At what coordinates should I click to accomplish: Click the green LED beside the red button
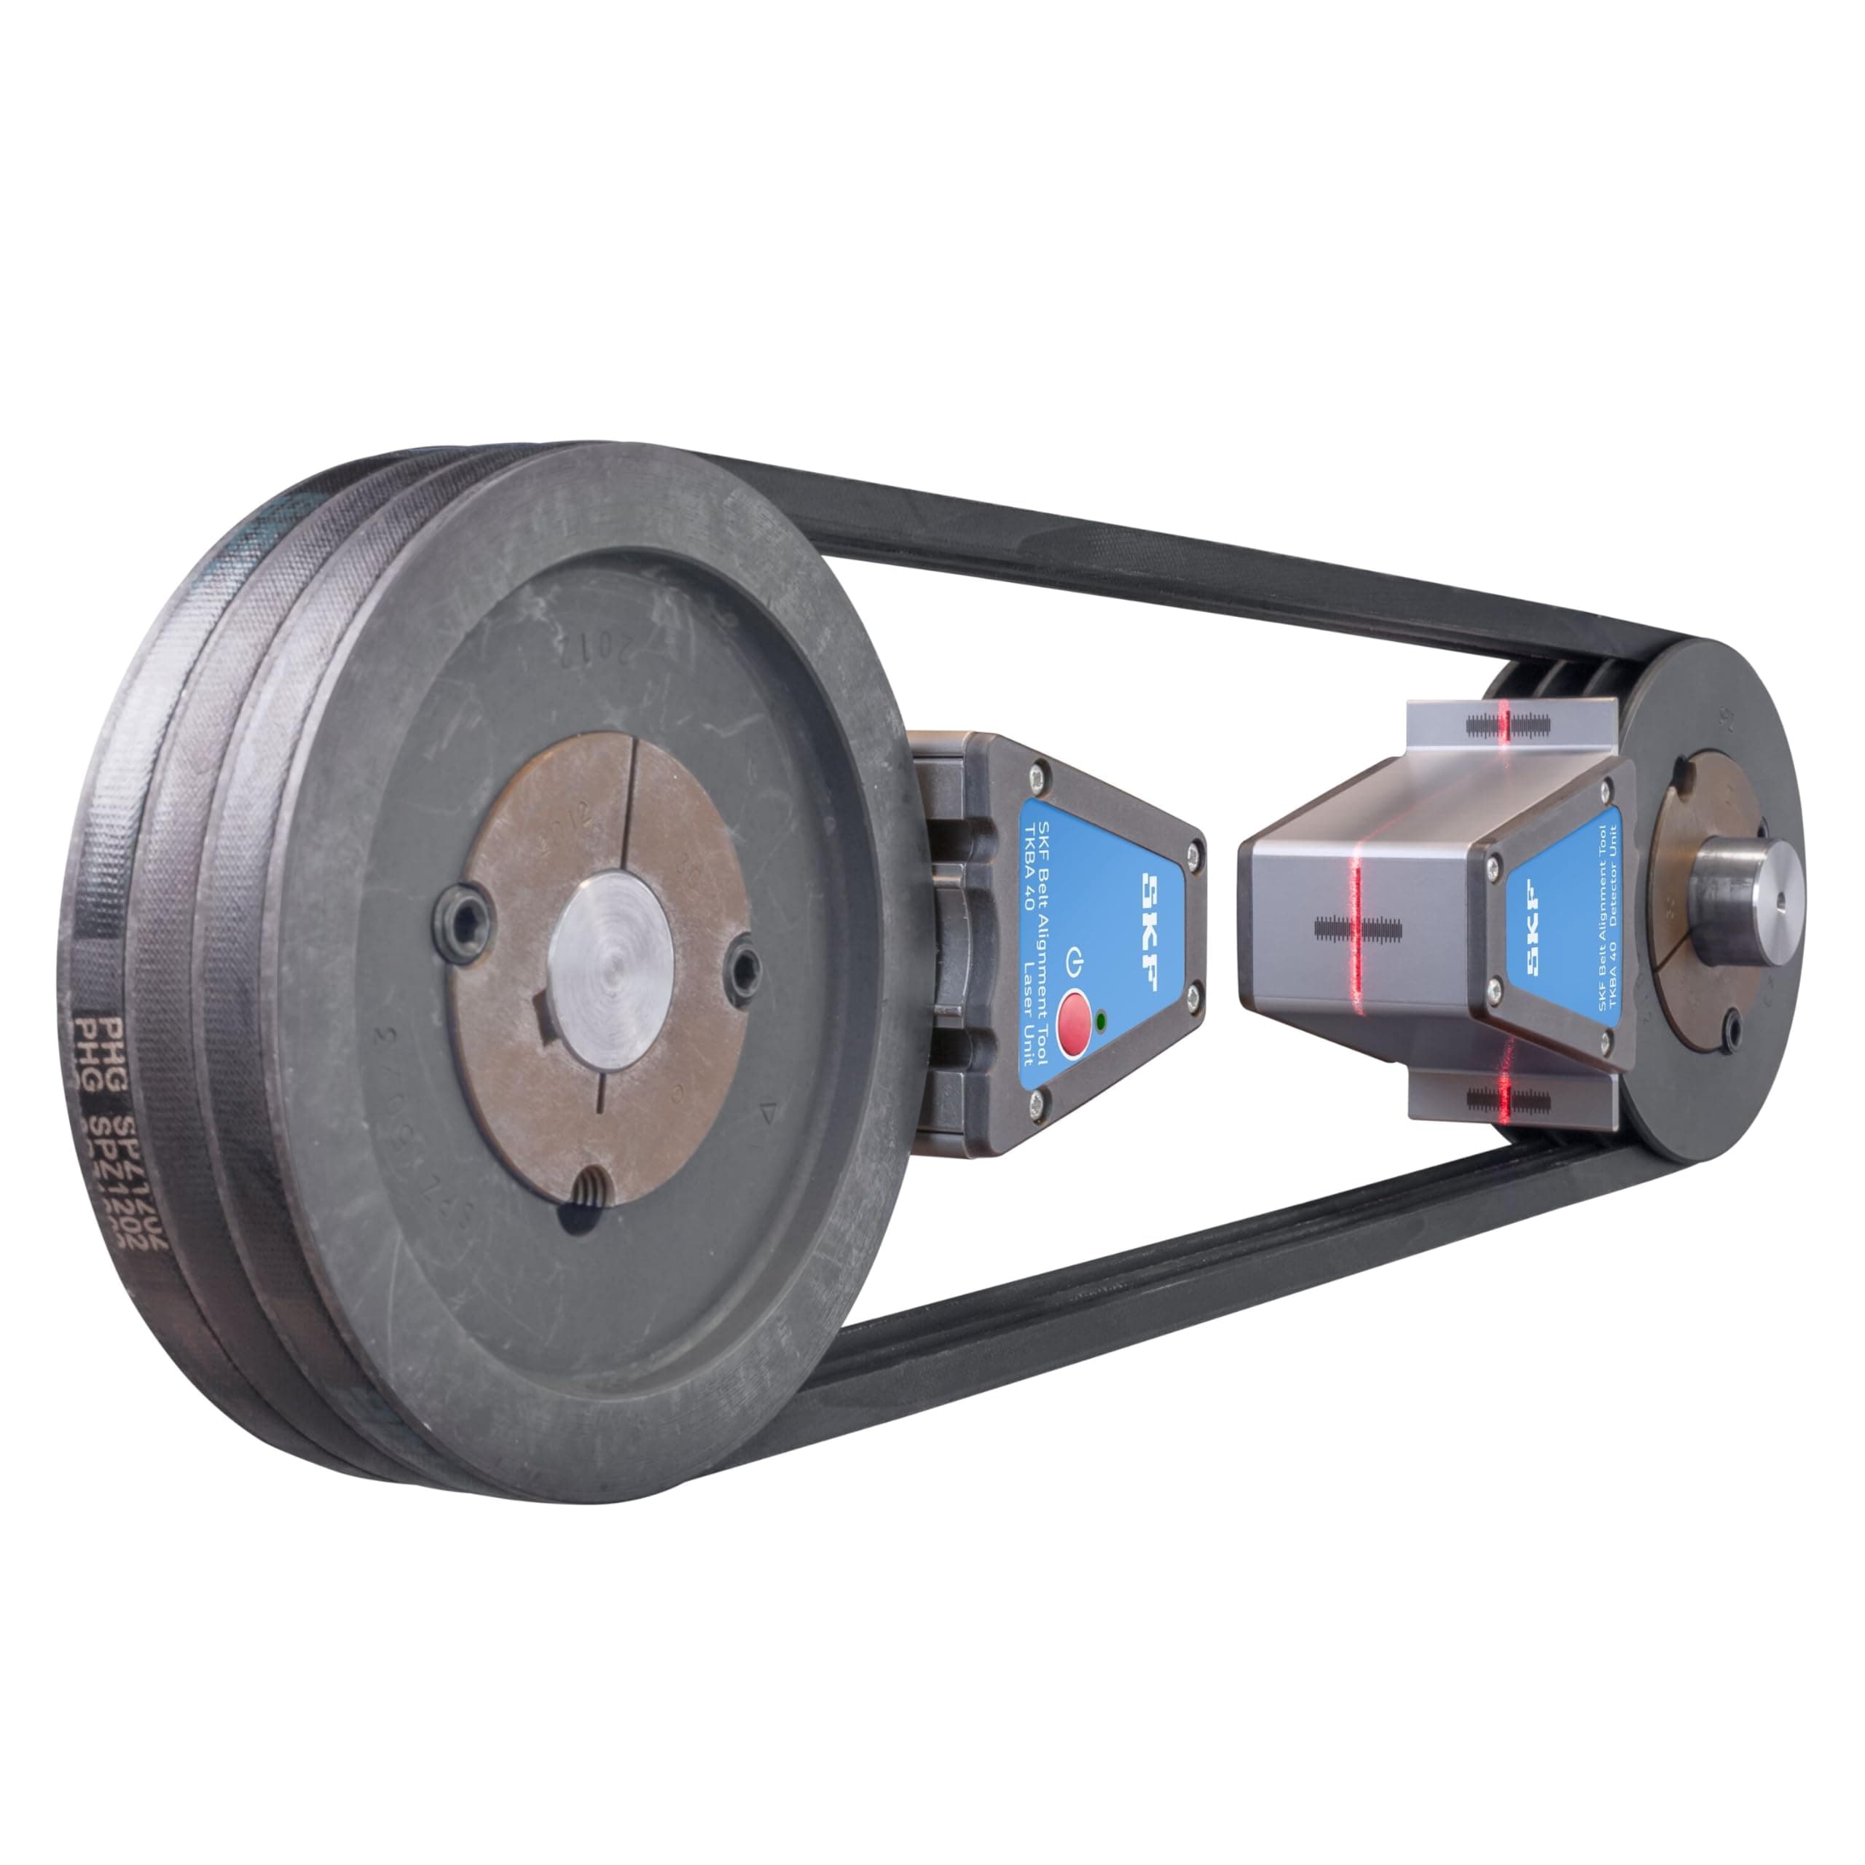point(1102,1018)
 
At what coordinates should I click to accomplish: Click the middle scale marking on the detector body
point(1357,930)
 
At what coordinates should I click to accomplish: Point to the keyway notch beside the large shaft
point(543,1016)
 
